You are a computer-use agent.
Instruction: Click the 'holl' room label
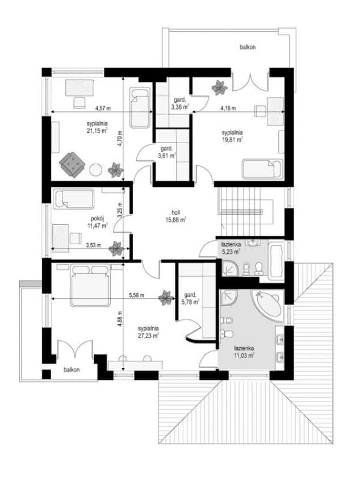click(x=175, y=212)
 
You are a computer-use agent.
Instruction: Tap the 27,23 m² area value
click(x=148, y=336)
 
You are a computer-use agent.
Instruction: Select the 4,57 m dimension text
click(x=103, y=108)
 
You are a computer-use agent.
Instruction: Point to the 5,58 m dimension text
click(x=136, y=295)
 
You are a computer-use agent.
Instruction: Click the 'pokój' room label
click(x=98, y=219)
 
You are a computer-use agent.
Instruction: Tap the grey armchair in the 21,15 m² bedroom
click(x=72, y=164)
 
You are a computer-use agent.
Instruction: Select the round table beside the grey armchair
click(x=96, y=170)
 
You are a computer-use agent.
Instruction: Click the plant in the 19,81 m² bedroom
click(x=220, y=87)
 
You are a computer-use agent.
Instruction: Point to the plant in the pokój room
click(x=116, y=248)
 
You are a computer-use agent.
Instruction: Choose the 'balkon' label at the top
click(x=248, y=47)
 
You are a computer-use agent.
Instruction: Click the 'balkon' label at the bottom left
click(x=72, y=369)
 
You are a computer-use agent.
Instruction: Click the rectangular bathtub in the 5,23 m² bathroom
click(x=276, y=260)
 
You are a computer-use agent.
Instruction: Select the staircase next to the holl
click(x=245, y=211)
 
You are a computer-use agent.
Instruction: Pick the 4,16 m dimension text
click(x=228, y=108)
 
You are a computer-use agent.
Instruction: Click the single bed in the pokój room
click(x=74, y=199)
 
